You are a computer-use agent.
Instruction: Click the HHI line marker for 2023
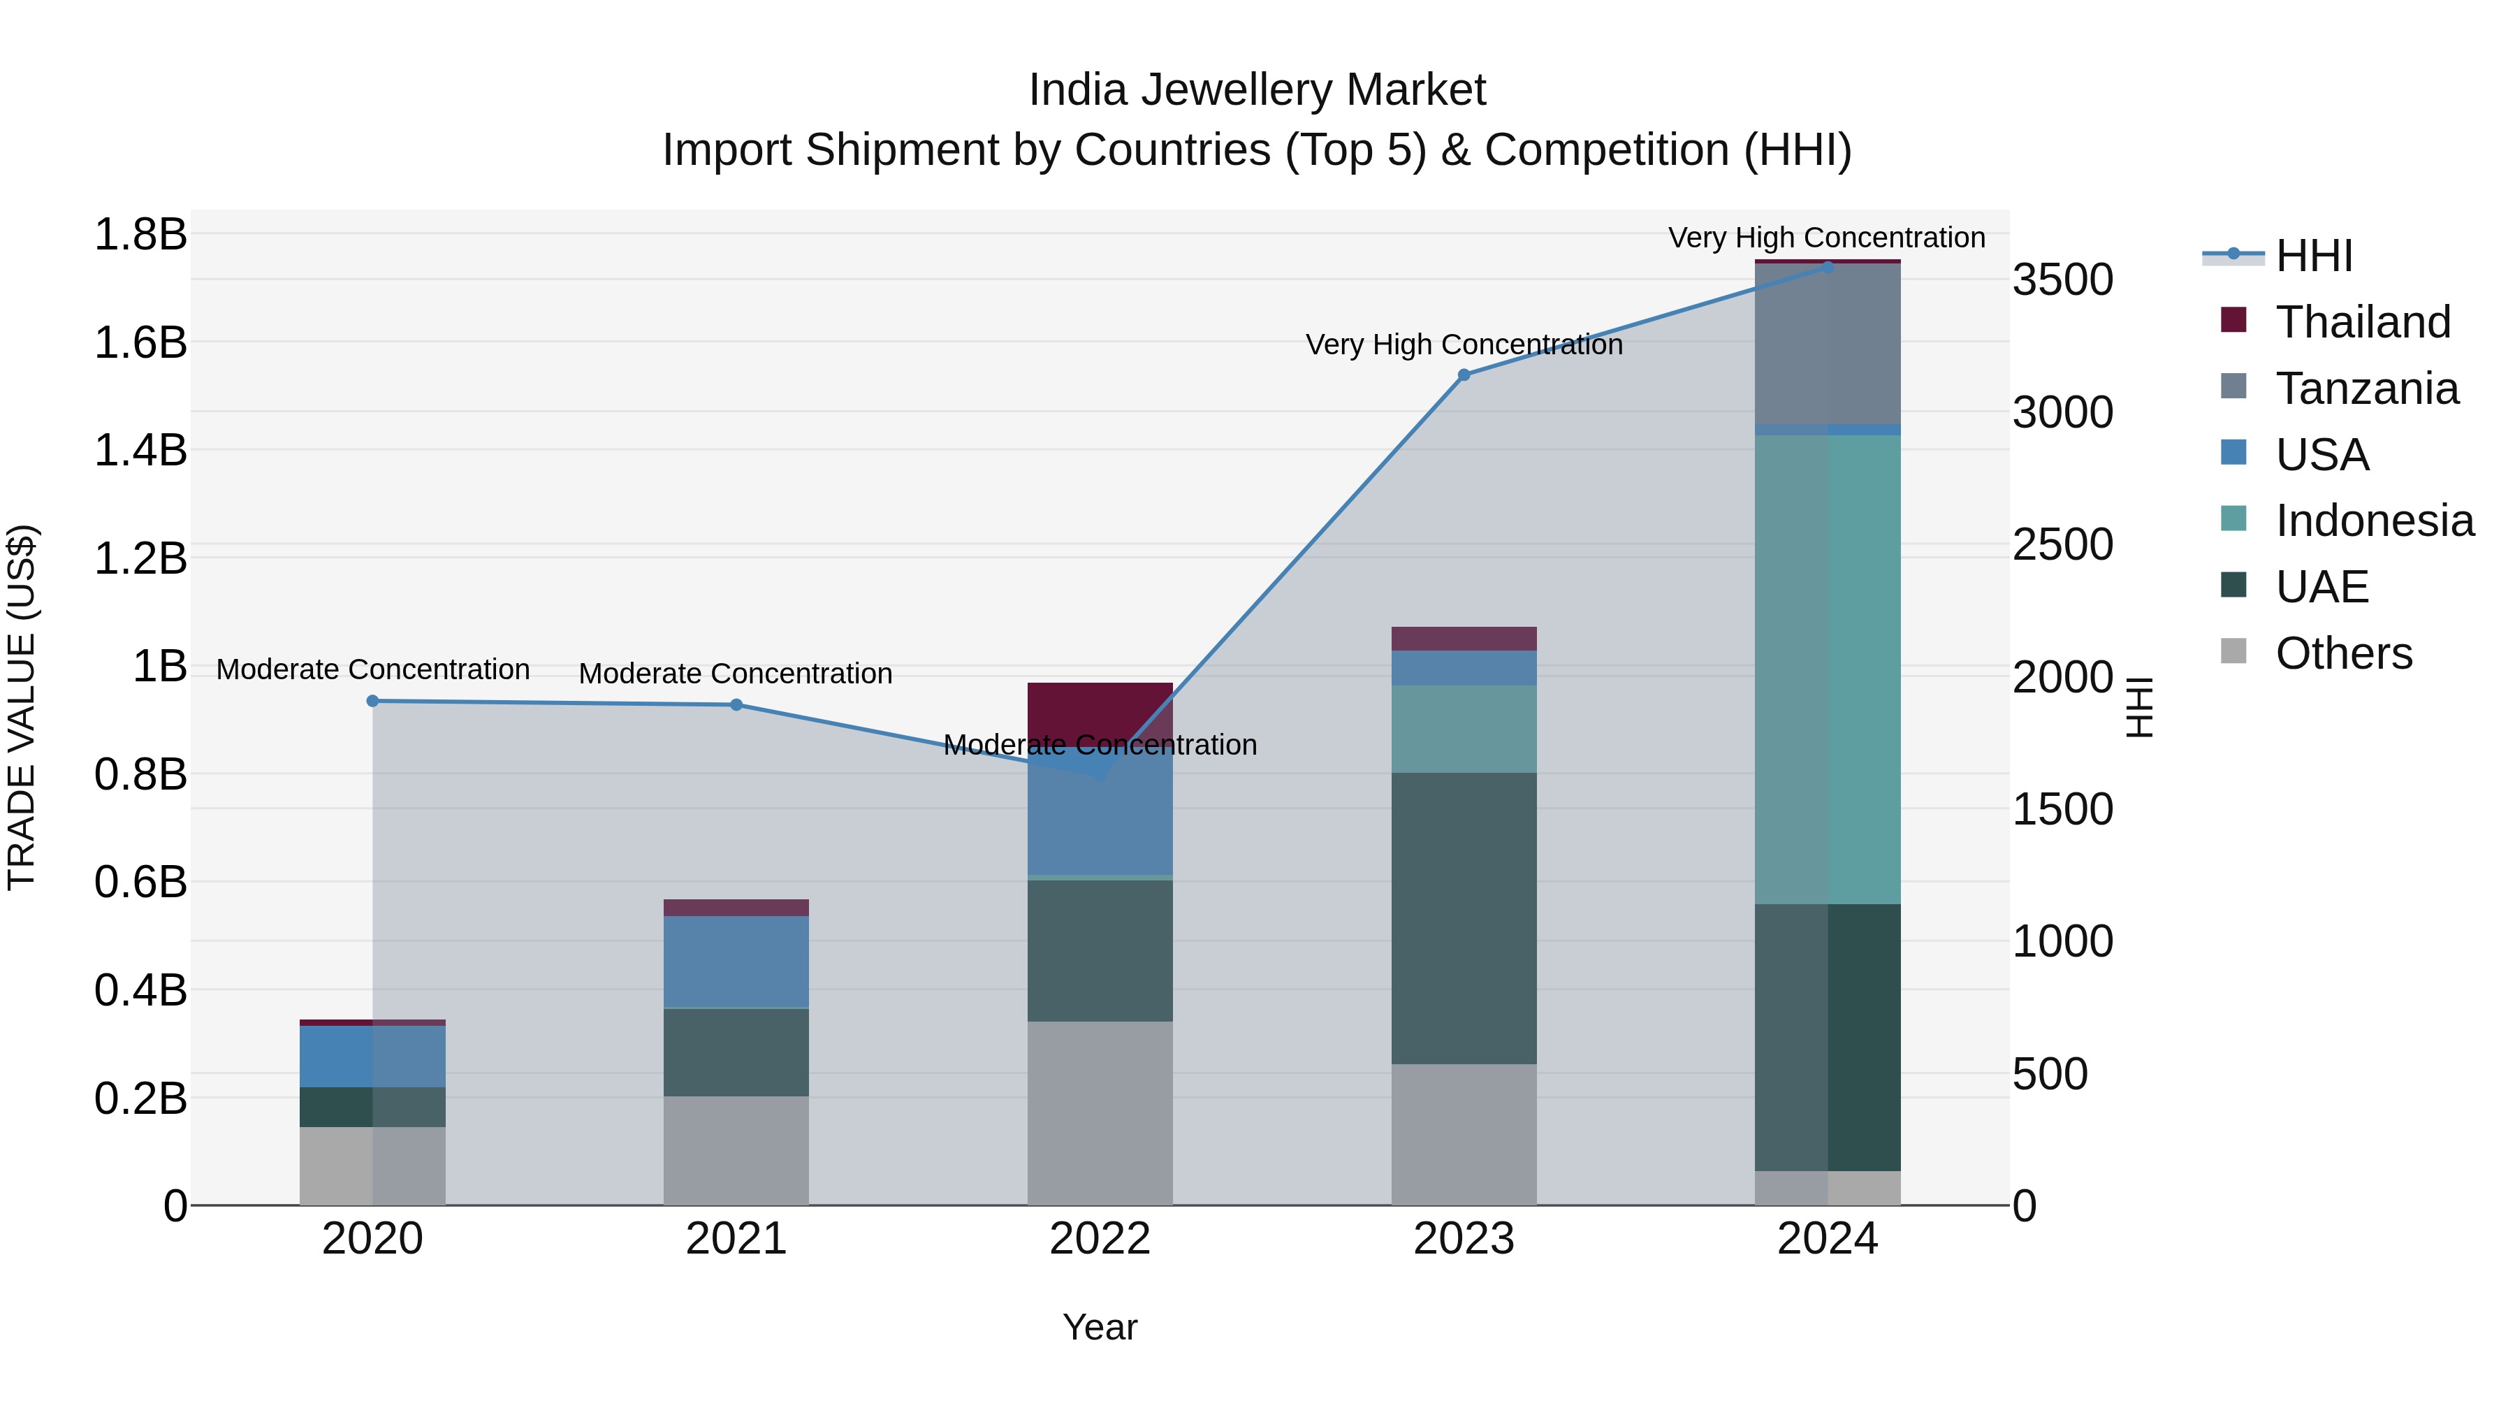(1464, 375)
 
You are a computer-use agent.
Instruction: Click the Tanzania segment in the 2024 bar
(1827, 344)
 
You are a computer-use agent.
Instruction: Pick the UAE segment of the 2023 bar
(1464, 918)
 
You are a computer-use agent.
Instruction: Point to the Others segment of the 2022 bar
(1100, 1113)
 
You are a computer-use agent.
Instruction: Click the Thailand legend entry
(2362, 322)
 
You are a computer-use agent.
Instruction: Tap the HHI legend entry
(2313, 256)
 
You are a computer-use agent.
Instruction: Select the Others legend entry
(2342, 653)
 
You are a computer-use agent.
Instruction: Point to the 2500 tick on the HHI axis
(2062, 545)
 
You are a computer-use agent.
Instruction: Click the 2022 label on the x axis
(1100, 1239)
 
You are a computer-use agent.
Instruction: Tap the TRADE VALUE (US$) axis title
(22, 707)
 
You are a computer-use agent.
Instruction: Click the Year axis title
(1100, 1327)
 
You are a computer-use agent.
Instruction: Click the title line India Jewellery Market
(1257, 90)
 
